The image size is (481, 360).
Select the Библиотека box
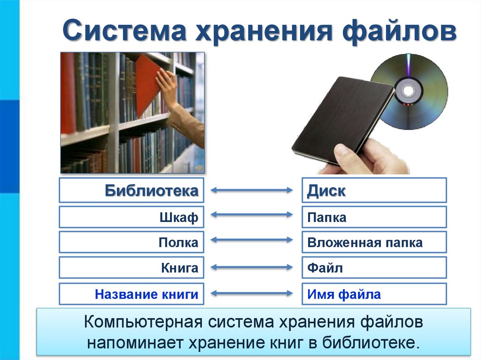click(132, 191)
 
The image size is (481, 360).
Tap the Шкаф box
click(132, 217)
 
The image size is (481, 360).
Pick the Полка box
click(132, 243)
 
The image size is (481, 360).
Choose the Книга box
click(132, 268)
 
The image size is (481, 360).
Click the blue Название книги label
click(146, 294)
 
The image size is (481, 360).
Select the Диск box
click(374, 191)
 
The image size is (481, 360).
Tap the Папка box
click(374, 217)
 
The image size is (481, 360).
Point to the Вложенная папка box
click(374, 243)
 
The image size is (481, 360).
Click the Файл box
click(374, 268)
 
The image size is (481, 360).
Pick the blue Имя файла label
click(344, 294)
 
